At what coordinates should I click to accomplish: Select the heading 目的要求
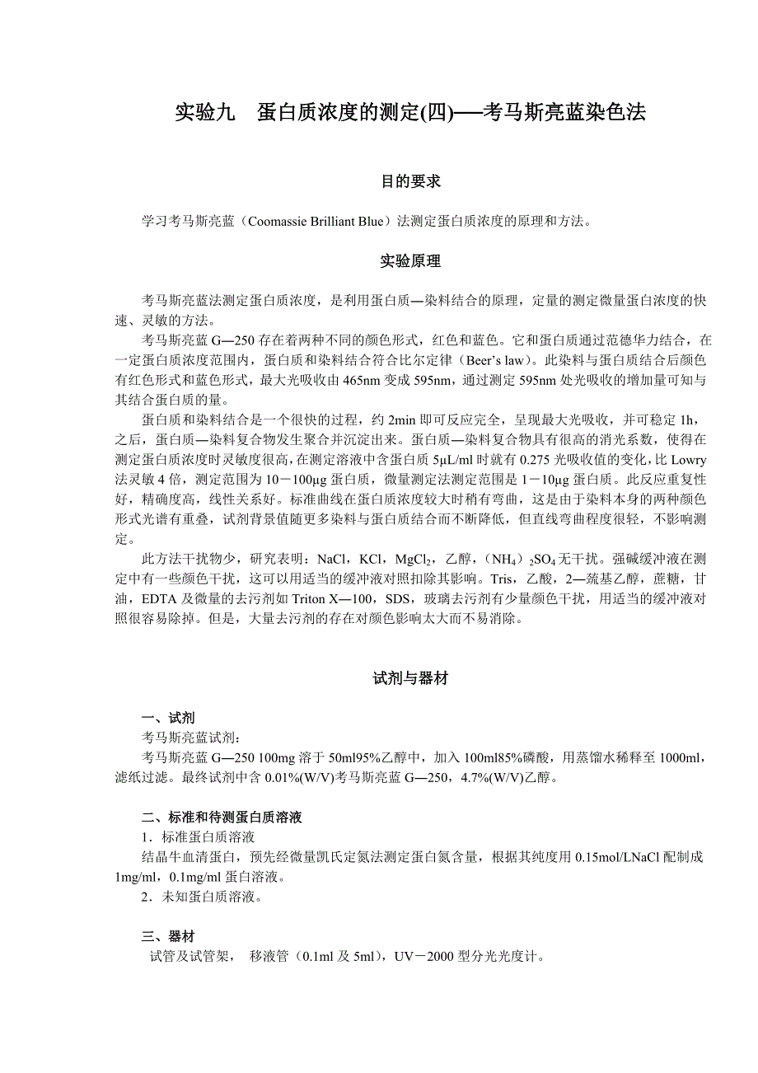coord(410,181)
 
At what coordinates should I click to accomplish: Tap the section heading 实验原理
coord(410,261)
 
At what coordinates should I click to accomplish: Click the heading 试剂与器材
coord(410,678)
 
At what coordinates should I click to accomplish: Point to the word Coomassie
coord(279,222)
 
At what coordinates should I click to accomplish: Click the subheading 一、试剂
coord(168,718)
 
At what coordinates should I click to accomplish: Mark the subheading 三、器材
coord(168,936)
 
